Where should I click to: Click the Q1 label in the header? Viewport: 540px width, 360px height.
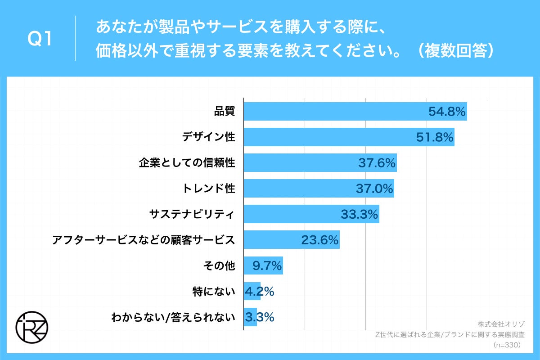point(40,40)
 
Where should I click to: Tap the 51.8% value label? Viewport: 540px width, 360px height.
point(434,137)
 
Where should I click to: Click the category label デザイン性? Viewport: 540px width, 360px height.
point(209,137)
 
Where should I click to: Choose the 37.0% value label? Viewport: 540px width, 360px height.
point(374,189)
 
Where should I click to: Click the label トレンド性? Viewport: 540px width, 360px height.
point(209,189)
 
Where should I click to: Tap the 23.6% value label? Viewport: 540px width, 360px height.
point(319,240)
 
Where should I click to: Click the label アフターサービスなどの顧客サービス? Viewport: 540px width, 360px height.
point(144,240)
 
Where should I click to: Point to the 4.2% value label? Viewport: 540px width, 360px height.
point(259,292)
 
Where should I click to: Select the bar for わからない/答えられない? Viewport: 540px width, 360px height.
point(250,317)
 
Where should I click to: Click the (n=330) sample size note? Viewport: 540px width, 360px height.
point(507,345)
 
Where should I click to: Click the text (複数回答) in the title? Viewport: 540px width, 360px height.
point(454,51)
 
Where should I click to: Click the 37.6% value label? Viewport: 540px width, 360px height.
point(377,163)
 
